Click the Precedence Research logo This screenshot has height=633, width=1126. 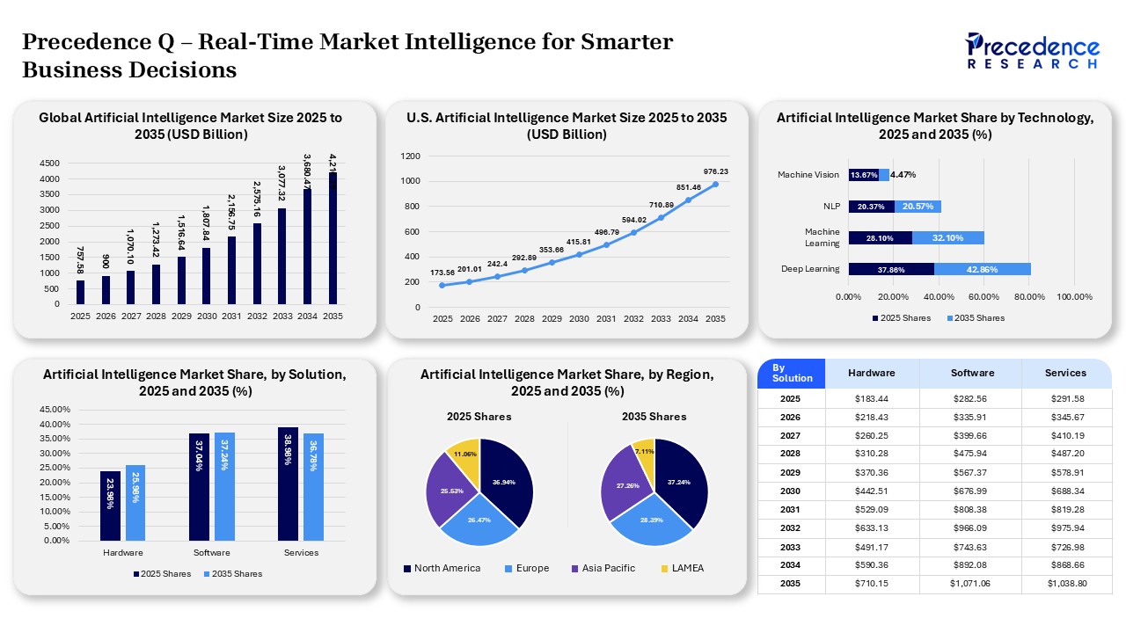(1032, 51)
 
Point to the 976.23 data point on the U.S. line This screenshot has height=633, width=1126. (715, 184)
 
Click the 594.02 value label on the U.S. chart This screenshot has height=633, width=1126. (633, 220)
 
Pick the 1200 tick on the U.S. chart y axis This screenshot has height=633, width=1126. (410, 156)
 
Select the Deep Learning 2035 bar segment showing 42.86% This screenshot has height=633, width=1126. (982, 269)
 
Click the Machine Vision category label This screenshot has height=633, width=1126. (808, 175)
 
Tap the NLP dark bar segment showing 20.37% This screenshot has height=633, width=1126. (871, 207)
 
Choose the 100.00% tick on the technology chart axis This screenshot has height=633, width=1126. (1074, 297)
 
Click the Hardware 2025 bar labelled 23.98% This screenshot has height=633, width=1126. (110, 506)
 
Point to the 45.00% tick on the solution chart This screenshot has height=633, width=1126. (56, 410)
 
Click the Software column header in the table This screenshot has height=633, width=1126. (971, 373)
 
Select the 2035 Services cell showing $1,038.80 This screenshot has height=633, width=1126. (1066, 584)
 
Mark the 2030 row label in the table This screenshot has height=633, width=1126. (790, 491)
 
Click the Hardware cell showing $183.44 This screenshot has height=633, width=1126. (872, 399)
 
